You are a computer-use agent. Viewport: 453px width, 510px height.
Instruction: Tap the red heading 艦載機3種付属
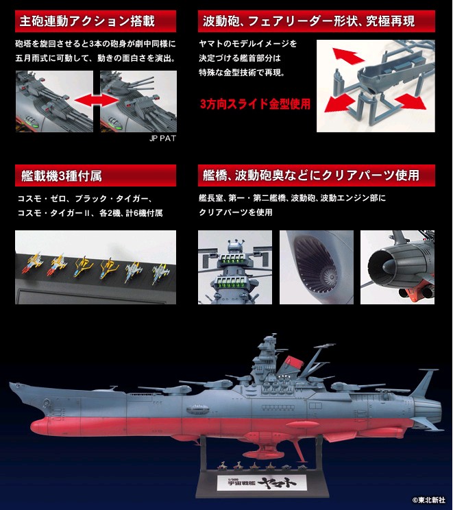[x=58, y=176]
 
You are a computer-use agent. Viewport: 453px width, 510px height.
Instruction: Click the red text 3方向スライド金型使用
[x=255, y=105]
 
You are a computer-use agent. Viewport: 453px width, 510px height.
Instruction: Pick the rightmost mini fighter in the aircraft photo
[x=152, y=270]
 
